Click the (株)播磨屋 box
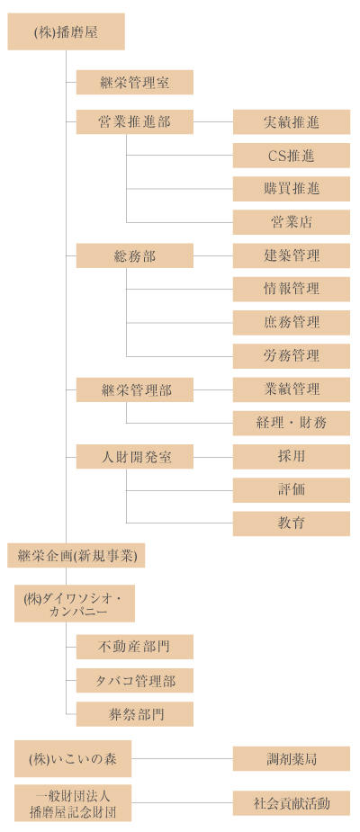[x=66, y=31]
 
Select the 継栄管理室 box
[x=135, y=82]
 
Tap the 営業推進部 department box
[x=135, y=121]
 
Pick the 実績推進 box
[x=292, y=121]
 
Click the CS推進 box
[x=292, y=155]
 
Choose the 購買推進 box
[x=292, y=188]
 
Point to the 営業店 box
[x=292, y=222]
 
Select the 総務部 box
[x=135, y=255]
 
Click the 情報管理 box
[x=292, y=290]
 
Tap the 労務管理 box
[x=292, y=356]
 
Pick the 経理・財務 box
[x=292, y=423]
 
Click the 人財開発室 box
[x=135, y=456]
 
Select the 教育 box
[x=292, y=523]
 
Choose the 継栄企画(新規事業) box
[x=76, y=556]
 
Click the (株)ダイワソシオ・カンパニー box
[x=75, y=604]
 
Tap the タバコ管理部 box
[x=135, y=680]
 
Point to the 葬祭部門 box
[x=135, y=713]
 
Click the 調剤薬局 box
[x=292, y=758]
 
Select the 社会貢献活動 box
[x=292, y=803]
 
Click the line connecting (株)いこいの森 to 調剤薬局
[x=182, y=759]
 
